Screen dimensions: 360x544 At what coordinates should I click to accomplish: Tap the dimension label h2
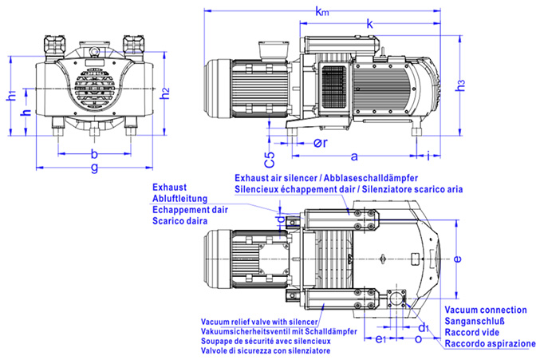click(x=165, y=93)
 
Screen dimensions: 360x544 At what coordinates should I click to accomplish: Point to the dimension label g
click(x=94, y=167)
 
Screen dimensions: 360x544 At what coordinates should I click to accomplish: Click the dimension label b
click(x=94, y=152)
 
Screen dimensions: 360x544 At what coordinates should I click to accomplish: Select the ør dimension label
click(x=317, y=144)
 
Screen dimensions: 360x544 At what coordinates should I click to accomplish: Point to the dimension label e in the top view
click(x=456, y=259)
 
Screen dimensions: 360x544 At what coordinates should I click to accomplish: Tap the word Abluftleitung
click(x=179, y=197)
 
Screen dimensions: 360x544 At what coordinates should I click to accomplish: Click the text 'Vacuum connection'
click(x=485, y=310)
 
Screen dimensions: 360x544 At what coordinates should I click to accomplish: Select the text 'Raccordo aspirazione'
click(x=491, y=343)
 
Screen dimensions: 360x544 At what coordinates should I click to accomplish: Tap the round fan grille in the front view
click(x=93, y=91)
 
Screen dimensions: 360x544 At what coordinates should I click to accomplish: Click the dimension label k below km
click(x=369, y=25)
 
